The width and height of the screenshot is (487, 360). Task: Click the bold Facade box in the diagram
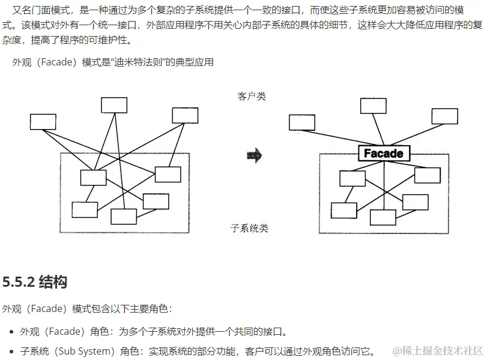[x=383, y=154]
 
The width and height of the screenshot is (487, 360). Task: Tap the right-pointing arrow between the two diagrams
[x=255, y=156]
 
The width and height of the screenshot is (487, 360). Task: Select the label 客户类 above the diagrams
[x=252, y=96]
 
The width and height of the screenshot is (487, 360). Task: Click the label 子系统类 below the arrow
[x=249, y=228]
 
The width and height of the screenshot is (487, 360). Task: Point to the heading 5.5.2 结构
[x=35, y=281]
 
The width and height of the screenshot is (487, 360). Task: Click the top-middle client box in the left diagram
[x=114, y=105]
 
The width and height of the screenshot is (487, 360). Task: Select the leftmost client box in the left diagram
[x=43, y=122]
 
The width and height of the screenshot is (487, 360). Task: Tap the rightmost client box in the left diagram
[x=185, y=115]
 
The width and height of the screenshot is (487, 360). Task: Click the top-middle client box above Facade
[x=373, y=106]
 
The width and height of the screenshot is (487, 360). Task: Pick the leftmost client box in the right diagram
[x=301, y=122]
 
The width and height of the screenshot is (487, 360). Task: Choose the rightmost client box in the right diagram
[x=444, y=115]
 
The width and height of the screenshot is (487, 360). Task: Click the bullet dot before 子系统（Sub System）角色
[x=12, y=352]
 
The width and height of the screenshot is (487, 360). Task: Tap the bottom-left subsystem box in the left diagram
[x=85, y=209]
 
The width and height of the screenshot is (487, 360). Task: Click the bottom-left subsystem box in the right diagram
[x=343, y=211]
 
